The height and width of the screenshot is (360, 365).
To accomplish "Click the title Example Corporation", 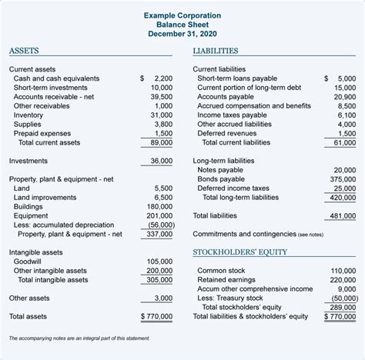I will coord(182,15).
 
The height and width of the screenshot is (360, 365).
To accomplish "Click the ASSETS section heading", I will coord(25,52).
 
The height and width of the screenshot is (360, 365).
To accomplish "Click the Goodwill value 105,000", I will coord(159,261).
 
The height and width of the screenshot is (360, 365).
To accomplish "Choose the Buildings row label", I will coord(29,206).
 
